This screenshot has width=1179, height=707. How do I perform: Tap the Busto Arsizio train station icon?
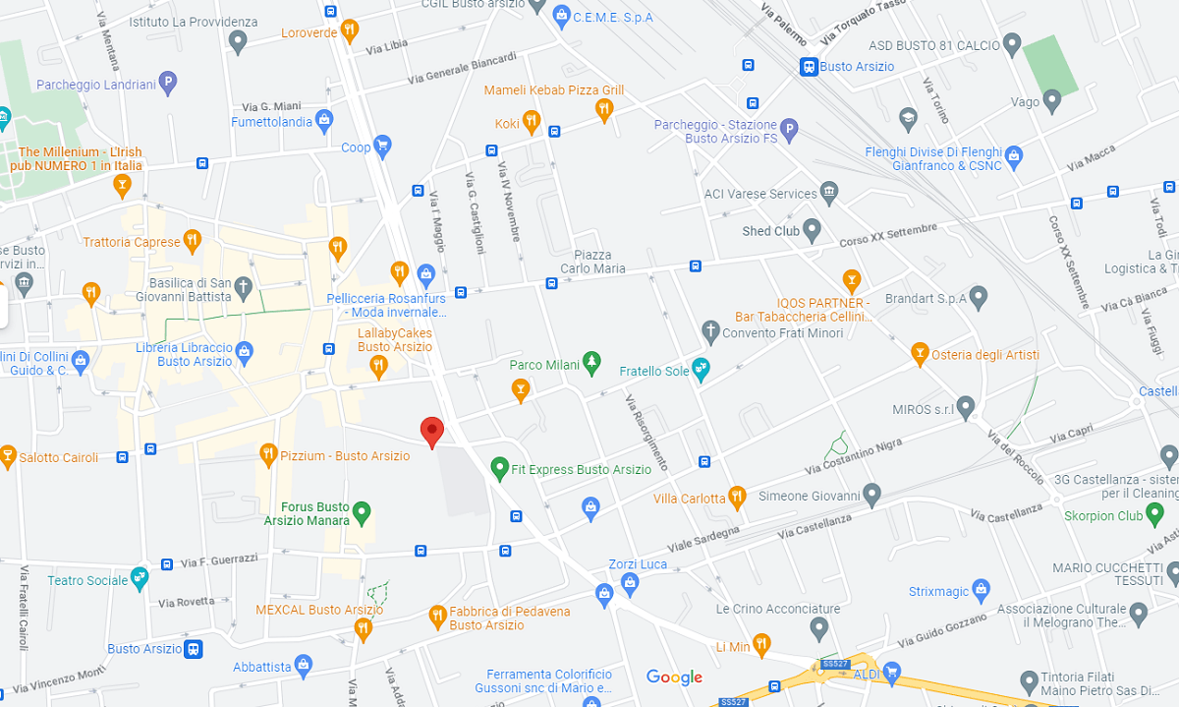(x=809, y=67)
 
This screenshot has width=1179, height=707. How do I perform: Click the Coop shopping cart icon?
(x=383, y=147)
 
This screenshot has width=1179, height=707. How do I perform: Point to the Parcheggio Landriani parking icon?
(x=168, y=85)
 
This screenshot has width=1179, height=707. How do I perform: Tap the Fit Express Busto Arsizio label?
(x=581, y=470)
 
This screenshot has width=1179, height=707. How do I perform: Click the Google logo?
(x=674, y=677)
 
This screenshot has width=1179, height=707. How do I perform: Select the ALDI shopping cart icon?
(x=891, y=674)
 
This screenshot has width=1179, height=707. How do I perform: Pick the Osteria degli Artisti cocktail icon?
(x=920, y=354)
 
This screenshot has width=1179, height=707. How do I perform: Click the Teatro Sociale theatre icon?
(x=139, y=580)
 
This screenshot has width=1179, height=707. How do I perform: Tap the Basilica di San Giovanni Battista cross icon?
(x=243, y=286)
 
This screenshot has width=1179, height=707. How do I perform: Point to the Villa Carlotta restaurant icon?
(x=737, y=498)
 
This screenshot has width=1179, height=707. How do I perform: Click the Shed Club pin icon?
(x=812, y=231)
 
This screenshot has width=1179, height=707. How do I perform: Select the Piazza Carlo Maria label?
(x=592, y=262)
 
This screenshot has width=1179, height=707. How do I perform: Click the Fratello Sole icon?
(x=701, y=371)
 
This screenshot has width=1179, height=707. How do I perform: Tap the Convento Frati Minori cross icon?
(x=711, y=332)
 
